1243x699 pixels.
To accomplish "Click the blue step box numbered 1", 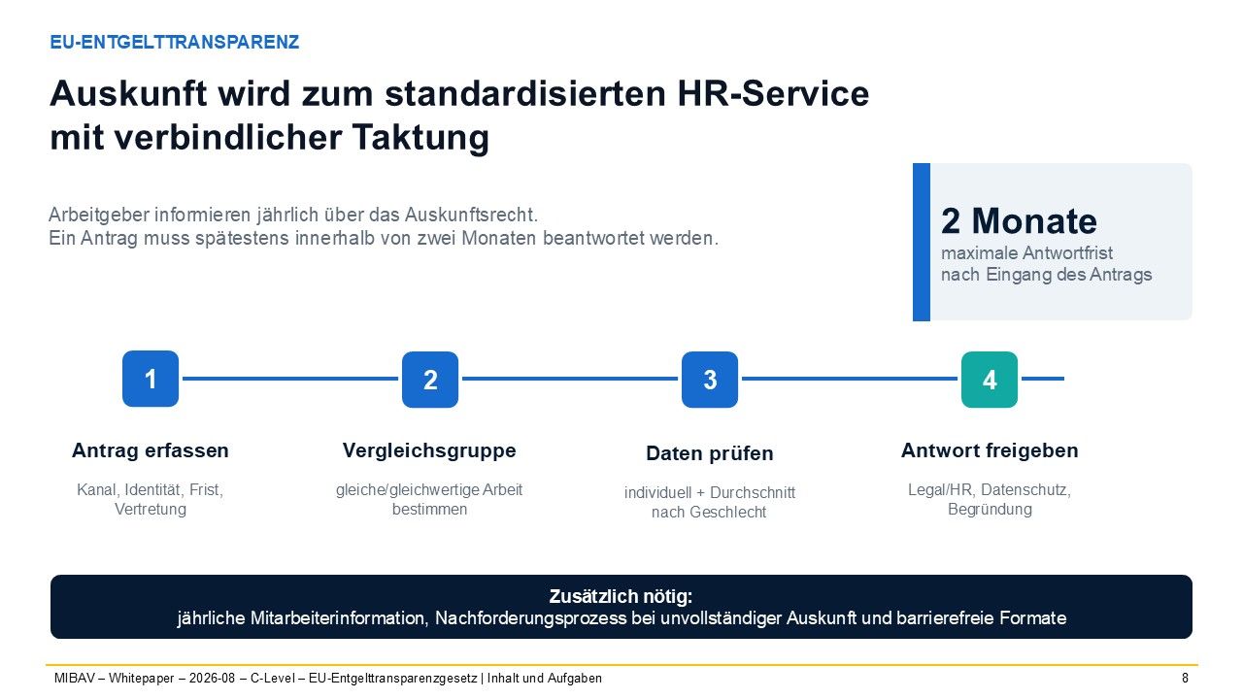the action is pos(151,379).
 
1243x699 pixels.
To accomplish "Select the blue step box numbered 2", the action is pos(430,380).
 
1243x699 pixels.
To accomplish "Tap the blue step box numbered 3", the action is pos(710,380).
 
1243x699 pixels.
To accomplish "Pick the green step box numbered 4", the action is pos(990,380).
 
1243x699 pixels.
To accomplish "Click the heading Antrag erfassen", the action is pos(151,450).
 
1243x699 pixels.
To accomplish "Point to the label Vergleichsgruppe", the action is pos(429,450).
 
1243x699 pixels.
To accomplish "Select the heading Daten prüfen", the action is pos(710,453).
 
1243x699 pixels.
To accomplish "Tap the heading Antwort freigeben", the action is pos(990,450).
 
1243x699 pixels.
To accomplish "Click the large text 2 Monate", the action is pos(1019,220).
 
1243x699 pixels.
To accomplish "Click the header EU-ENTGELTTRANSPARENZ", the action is pos(174,42).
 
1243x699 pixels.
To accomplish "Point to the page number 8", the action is pos(1186,678).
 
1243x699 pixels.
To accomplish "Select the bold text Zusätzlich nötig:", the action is pos(621,596).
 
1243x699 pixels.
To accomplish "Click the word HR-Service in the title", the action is pos(773,93).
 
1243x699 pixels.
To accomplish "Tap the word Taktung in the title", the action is pos(420,137).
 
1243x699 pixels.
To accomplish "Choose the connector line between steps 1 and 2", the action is pos(290,379).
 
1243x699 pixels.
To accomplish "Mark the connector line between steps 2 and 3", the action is pos(570,379).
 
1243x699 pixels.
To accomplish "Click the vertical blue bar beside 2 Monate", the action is pos(922,242).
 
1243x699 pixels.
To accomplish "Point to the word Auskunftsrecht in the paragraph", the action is pos(471,215).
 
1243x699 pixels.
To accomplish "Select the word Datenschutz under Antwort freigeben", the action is pos(1025,490).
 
